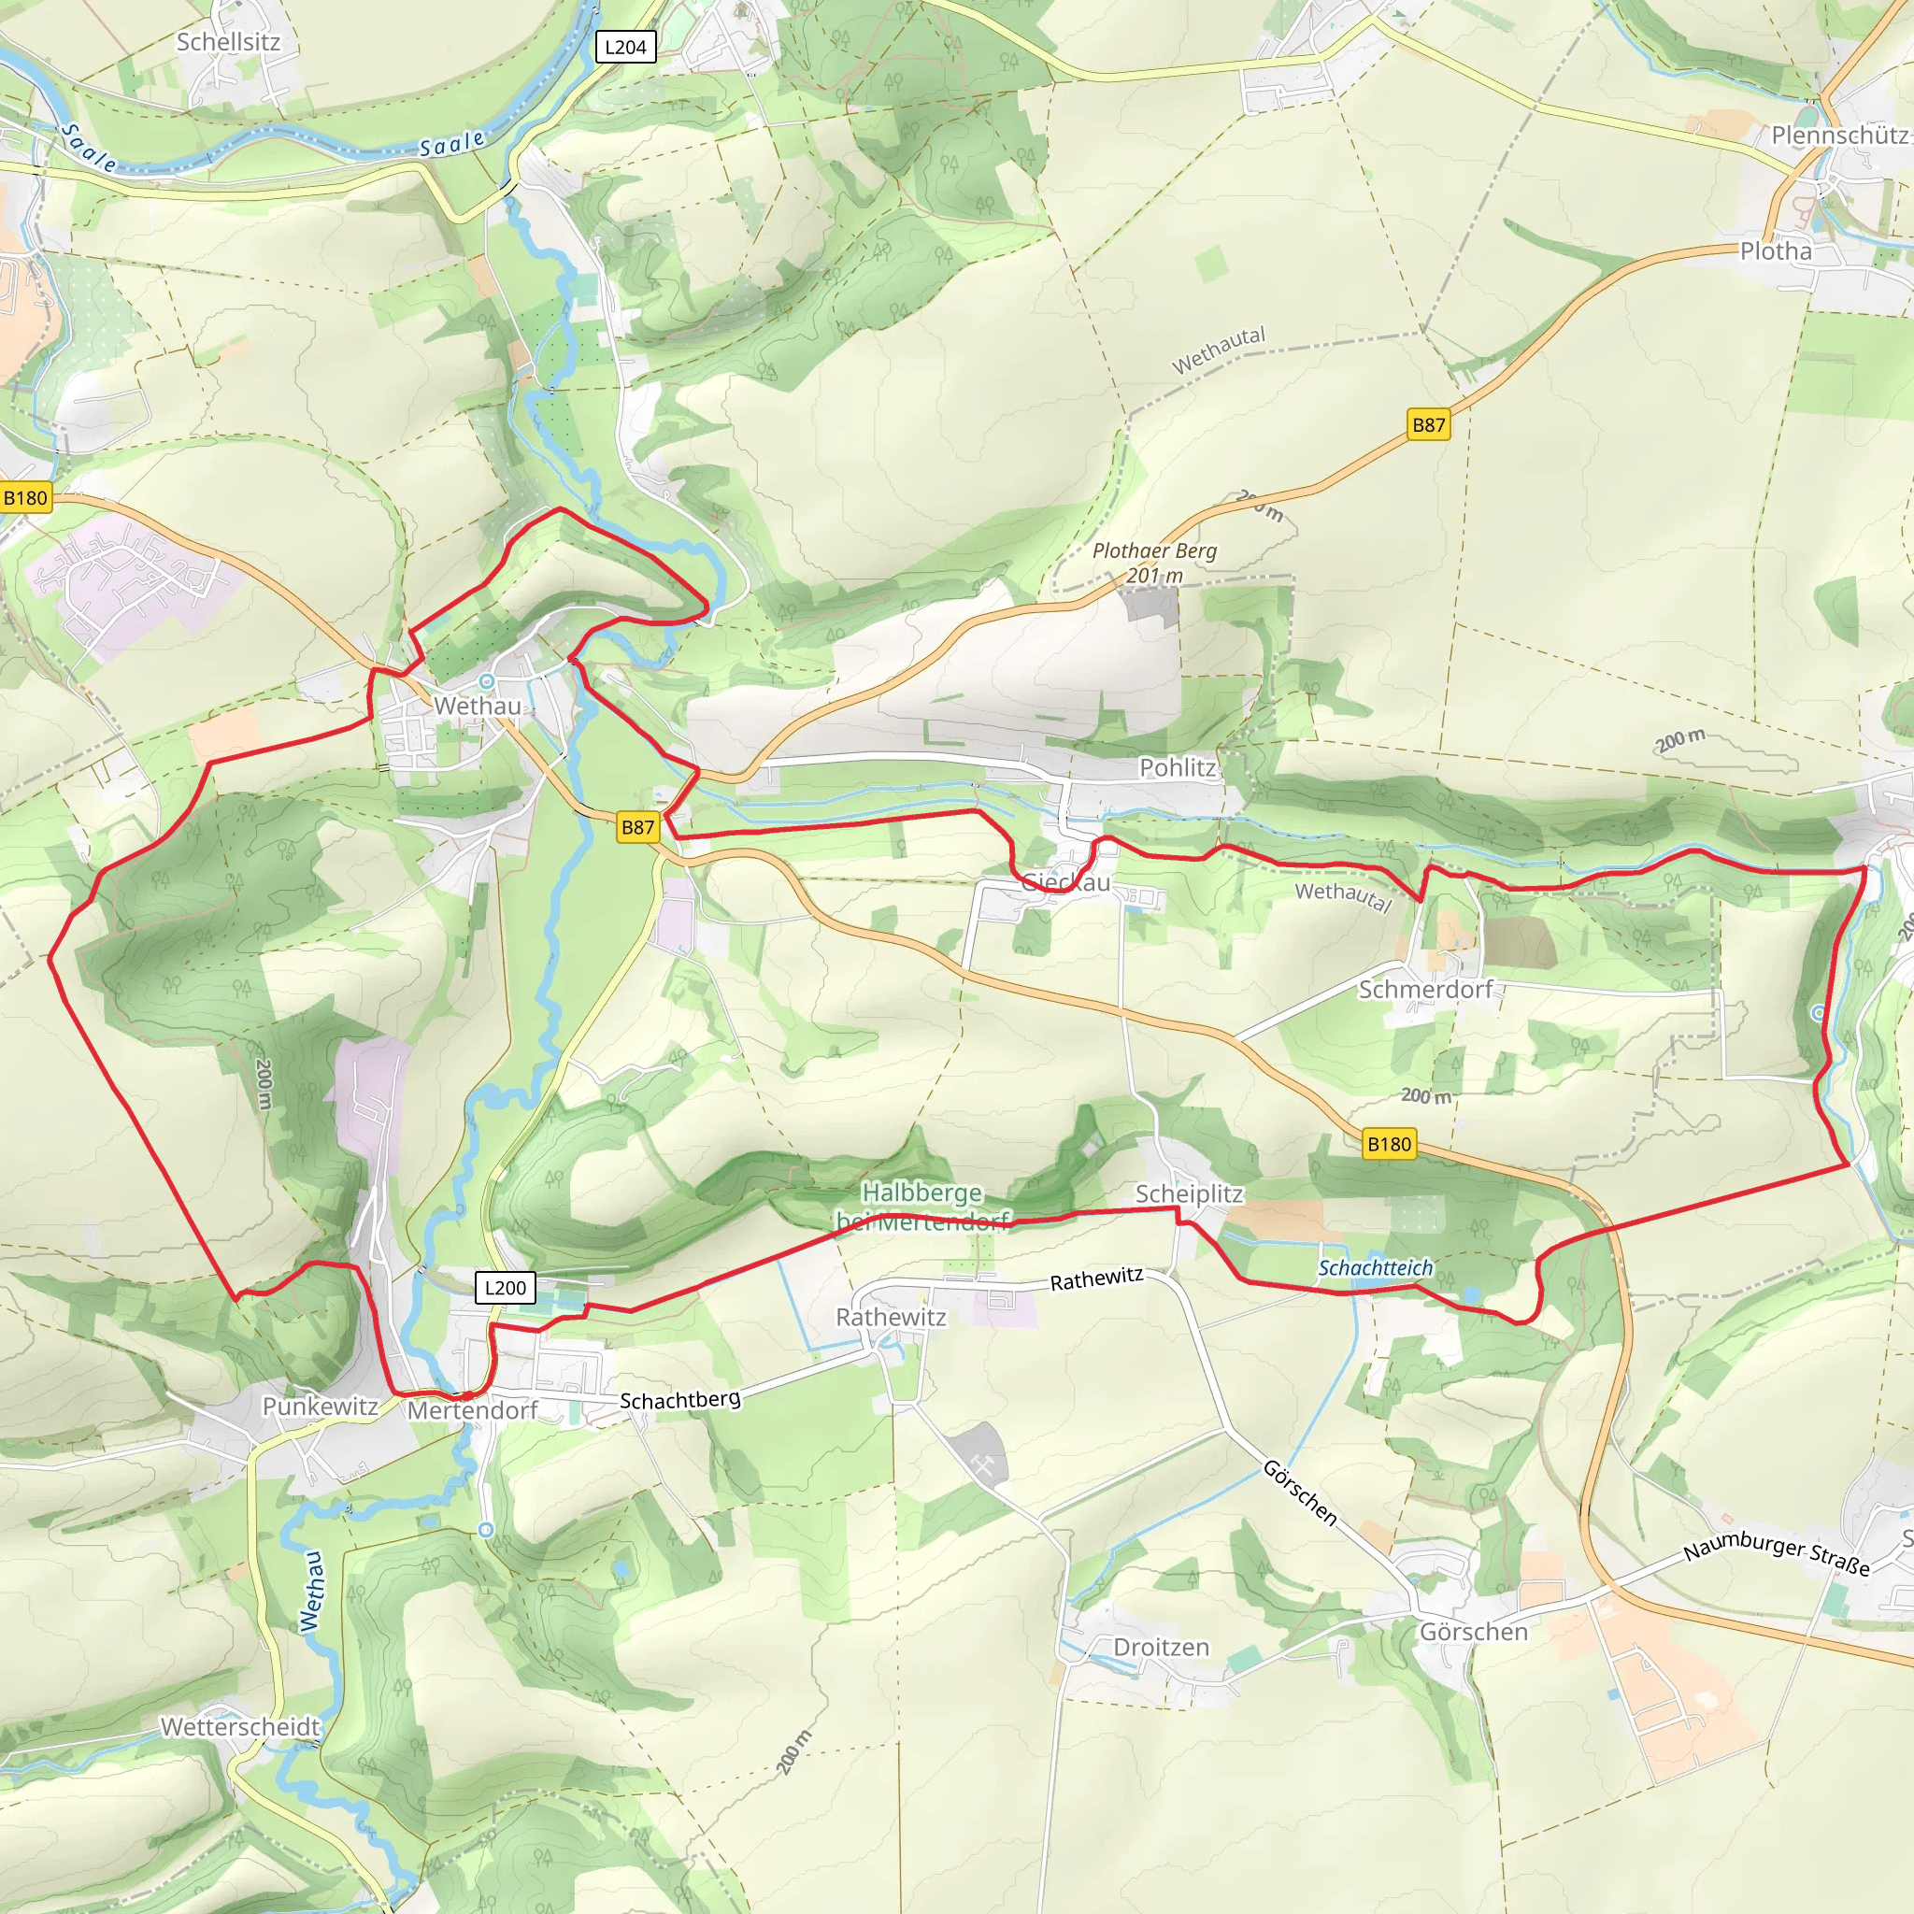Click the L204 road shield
tap(625, 47)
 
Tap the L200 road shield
tap(506, 1287)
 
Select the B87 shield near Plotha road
tap(1428, 425)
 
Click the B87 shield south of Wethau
tap(637, 827)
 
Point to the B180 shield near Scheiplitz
tap(1389, 1144)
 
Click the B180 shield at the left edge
tap(25, 497)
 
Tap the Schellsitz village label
tap(228, 42)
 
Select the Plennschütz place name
tap(1838, 135)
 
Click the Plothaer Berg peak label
tap(1154, 550)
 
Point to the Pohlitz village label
tap(1177, 766)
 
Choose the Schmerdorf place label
tap(1424, 989)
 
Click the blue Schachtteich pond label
tap(1375, 1268)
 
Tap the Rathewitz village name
tap(891, 1317)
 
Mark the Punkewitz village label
tap(320, 1406)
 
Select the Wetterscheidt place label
tap(241, 1727)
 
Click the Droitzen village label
tap(1161, 1647)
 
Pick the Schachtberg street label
tap(679, 1400)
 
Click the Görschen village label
tap(1473, 1632)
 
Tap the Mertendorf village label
tap(473, 1409)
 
